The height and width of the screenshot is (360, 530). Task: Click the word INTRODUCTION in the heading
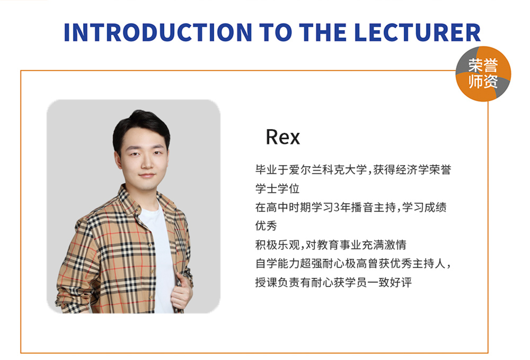click(x=158, y=32)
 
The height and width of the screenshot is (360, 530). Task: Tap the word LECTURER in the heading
click(x=418, y=32)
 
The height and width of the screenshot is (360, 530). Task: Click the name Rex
click(x=283, y=137)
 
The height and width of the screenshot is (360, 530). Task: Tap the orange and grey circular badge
click(x=483, y=74)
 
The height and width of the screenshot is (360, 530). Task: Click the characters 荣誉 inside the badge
click(x=483, y=65)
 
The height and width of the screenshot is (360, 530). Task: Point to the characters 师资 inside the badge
click(x=483, y=81)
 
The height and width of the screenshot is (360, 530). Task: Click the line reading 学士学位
click(x=277, y=189)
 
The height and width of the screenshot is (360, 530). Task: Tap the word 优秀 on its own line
click(x=266, y=226)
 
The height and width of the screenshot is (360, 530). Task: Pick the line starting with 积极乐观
click(x=331, y=245)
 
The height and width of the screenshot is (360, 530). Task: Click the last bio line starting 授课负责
click(x=333, y=282)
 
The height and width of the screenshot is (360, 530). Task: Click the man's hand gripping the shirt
click(x=181, y=291)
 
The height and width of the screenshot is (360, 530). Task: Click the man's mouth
click(x=147, y=175)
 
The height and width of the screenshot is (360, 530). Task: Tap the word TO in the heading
click(x=276, y=32)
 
